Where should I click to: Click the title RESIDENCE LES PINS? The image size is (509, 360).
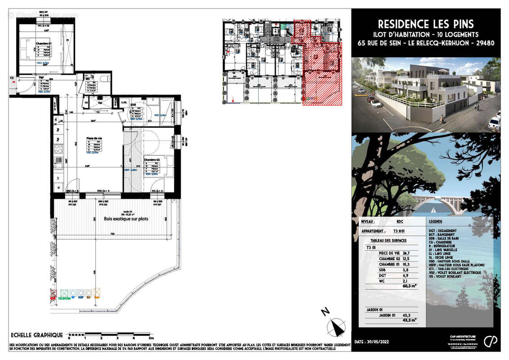(x=425, y=24)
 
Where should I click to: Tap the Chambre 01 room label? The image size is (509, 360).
(x=44, y=44)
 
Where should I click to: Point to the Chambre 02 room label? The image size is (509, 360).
(x=152, y=159)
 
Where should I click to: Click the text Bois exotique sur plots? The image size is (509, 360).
(x=126, y=219)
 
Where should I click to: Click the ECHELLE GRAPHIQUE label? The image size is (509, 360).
(x=37, y=335)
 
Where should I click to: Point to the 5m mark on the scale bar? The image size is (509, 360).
(x=152, y=337)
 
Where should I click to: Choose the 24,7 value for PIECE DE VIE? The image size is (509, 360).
(x=406, y=253)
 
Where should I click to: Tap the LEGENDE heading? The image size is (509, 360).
(x=435, y=222)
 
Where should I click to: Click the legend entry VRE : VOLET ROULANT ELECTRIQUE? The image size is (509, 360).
(x=455, y=272)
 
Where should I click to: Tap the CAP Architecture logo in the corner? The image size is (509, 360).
(x=491, y=341)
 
